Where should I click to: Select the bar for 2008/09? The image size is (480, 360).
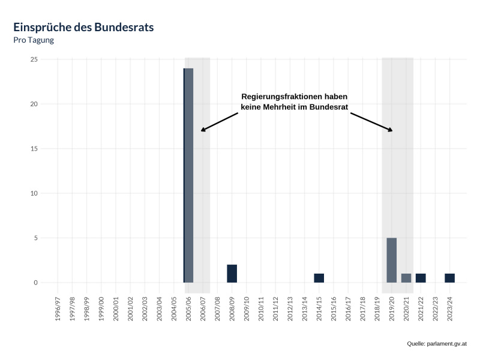tap(232, 274)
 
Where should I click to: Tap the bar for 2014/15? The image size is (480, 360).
tap(319, 278)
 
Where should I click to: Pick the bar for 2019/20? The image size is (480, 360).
tap(391, 260)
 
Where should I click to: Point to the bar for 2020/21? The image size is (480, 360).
tap(406, 278)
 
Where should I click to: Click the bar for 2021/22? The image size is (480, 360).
tap(421, 278)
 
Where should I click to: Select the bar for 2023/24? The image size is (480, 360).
tap(449, 278)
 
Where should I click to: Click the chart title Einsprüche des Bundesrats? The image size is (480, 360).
tap(83, 28)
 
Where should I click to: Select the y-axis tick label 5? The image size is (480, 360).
tap(35, 238)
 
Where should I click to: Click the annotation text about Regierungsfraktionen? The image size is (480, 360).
tap(294, 101)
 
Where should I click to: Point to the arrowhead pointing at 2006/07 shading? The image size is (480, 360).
tap(202, 130)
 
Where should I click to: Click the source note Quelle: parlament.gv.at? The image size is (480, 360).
tap(436, 344)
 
